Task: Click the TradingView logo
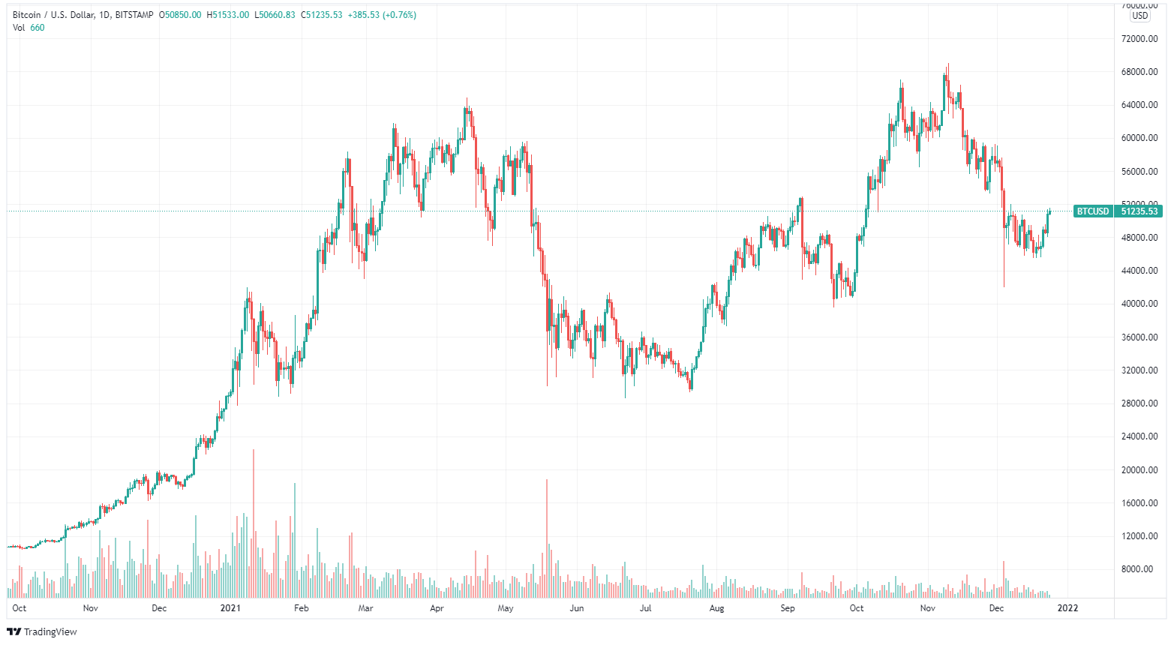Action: click(x=42, y=631)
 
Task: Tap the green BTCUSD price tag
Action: click(x=1092, y=211)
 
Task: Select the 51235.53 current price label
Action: click(x=1139, y=211)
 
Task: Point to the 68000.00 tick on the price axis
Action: click(x=1139, y=72)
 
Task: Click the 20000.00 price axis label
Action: click(x=1139, y=470)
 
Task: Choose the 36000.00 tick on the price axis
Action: click(x=1139, y=337)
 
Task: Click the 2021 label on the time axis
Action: click(x=230, y=608)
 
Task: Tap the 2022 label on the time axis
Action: click(x=1067, y=608)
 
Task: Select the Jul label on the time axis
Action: click(x=645, y=608)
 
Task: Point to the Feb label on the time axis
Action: click(x=301, y=608)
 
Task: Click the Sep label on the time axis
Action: click(x=787, y=608)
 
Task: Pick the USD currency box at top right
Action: click(x=1139, y=16)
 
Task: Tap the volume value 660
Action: click(x=38, y=28)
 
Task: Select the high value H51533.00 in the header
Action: click(x=228, y=15)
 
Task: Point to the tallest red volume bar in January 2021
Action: click(x=254, y=525)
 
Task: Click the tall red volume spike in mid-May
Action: click(x=547, y=540)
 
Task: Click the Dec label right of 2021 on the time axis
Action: click(x=996, y=608)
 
